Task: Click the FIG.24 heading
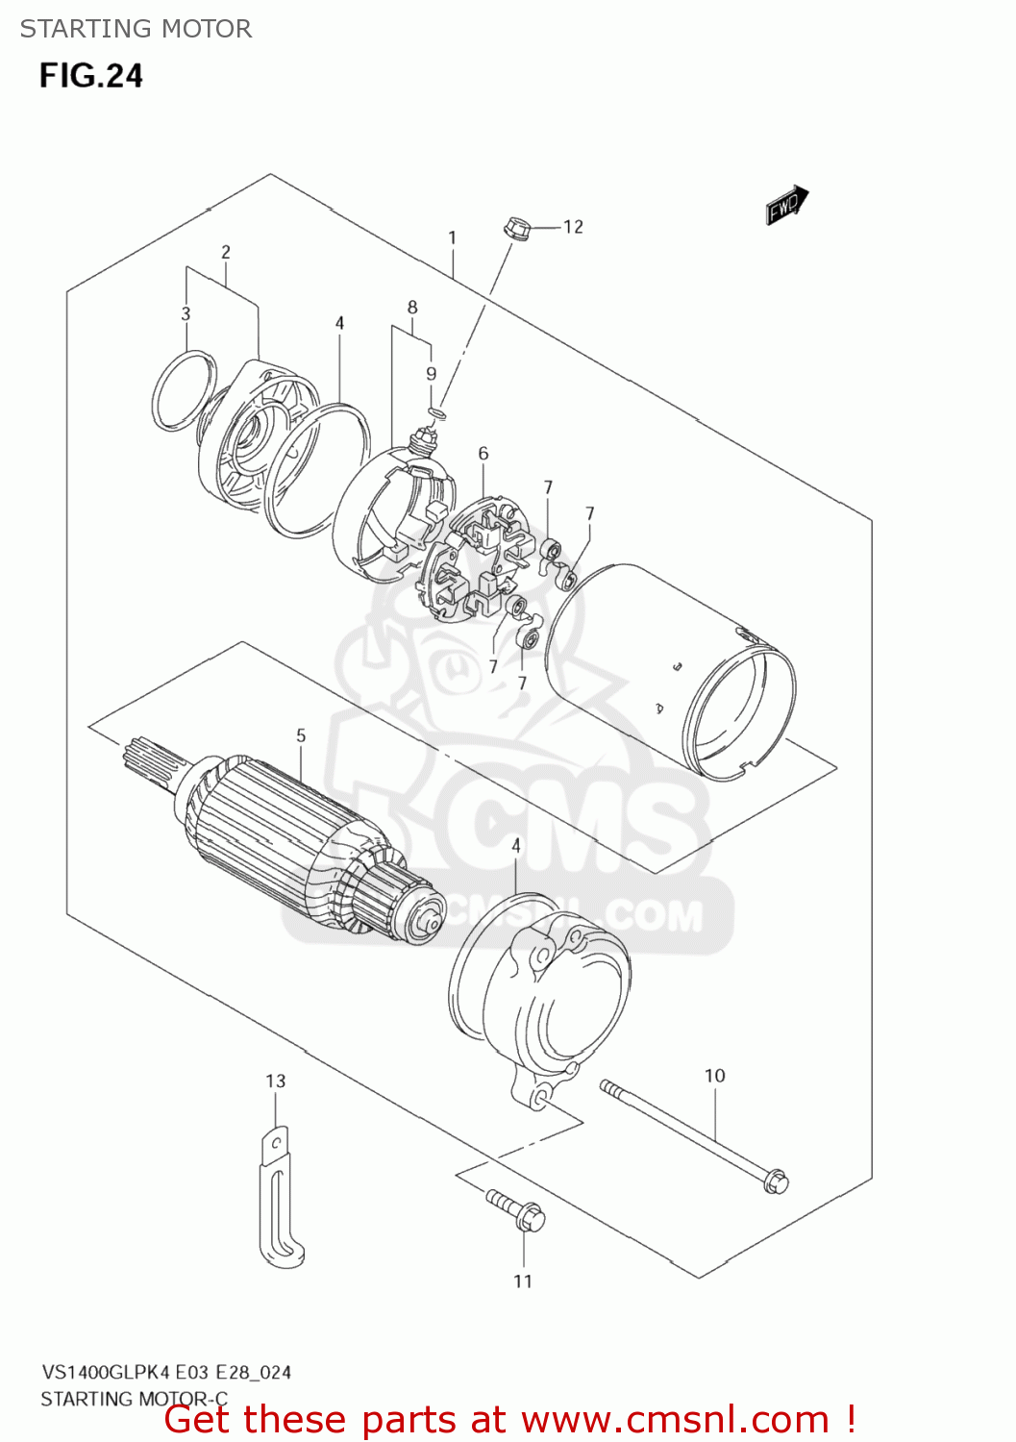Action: coord(90,76)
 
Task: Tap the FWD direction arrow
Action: coord(786,205)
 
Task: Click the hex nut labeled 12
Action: coord(516,229)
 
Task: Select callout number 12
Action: coord(573,227)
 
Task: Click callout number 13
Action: coord(276,1081)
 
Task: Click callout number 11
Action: coord(522,1281)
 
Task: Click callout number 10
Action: coord(714,1076)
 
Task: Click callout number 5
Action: coord(301,735)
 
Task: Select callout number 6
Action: coord(483,453)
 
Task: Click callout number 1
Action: coord(452,237)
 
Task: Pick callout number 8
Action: coord(412,308)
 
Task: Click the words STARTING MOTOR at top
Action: coord(136,29)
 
